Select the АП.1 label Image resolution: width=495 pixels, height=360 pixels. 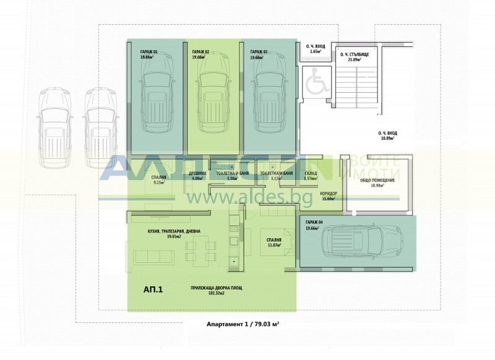tap(153, 289)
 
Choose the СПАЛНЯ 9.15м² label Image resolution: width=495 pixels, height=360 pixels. tap(158, 180)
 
